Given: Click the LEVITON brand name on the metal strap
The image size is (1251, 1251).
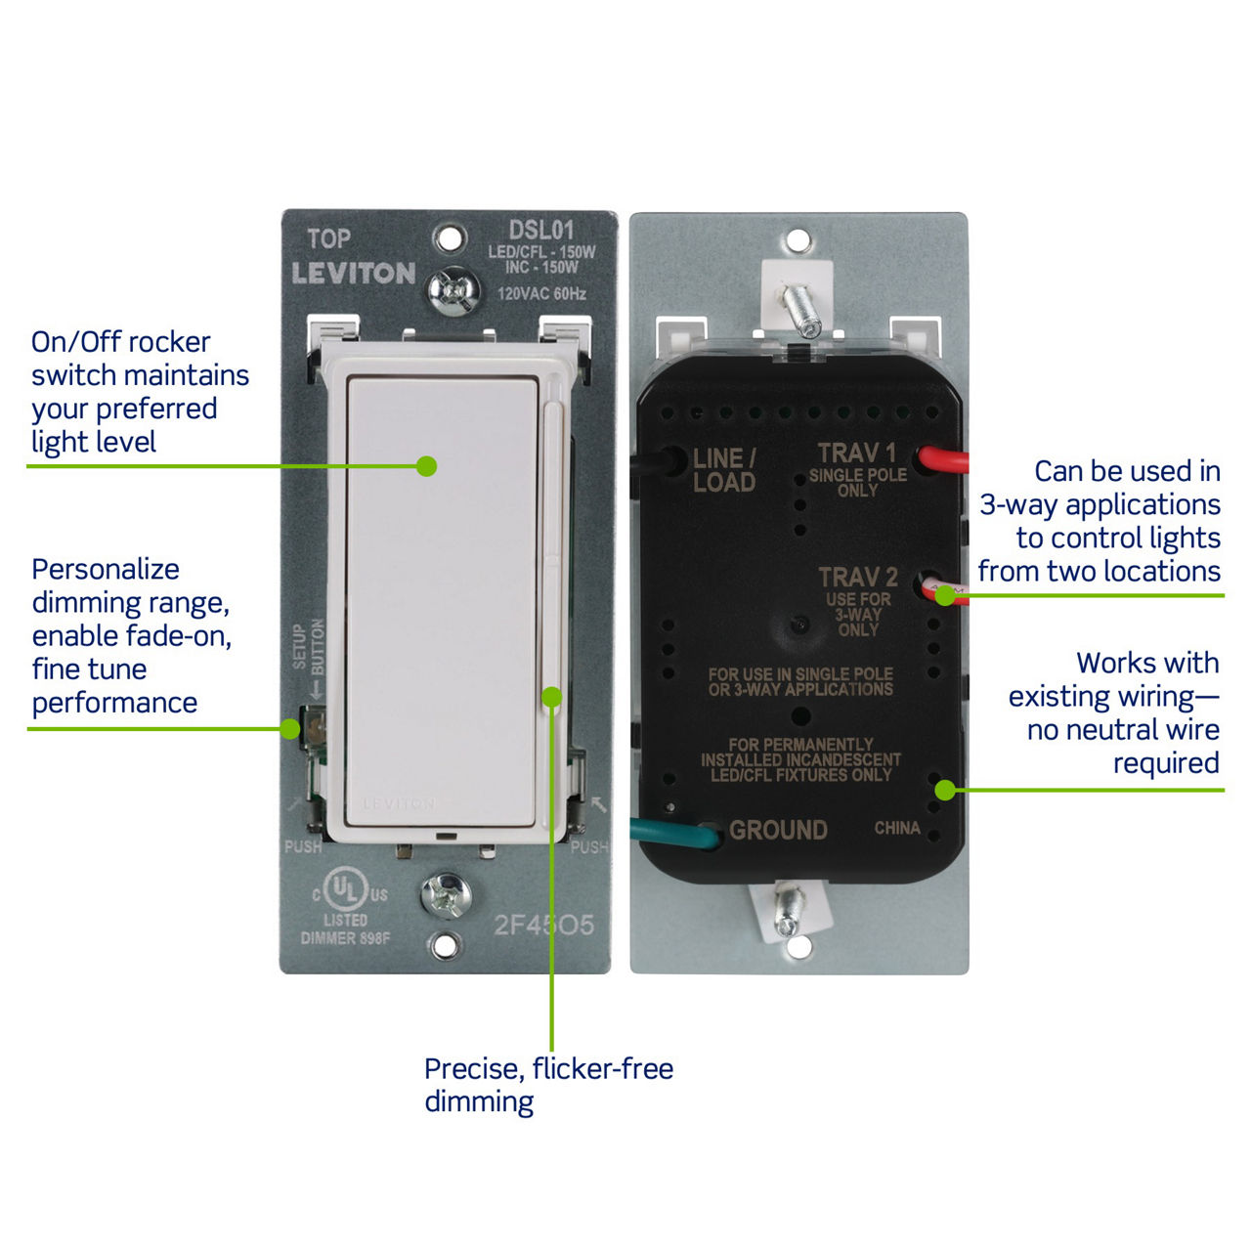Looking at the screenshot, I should [353, 273].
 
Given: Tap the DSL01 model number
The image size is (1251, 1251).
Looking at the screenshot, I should [540, 231].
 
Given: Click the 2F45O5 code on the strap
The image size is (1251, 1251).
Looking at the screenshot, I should [543, 925].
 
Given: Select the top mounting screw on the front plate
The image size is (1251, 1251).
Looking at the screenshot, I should [453, 289].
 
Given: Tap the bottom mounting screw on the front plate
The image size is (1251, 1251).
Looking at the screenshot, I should [446, 895].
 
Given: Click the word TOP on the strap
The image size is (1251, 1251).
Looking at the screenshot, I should [328, 239].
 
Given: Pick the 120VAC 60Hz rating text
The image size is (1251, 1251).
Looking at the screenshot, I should [541, 293].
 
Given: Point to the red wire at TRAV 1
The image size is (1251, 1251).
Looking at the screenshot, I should [943, 459].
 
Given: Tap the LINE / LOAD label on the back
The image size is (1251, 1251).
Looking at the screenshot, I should [723, 470].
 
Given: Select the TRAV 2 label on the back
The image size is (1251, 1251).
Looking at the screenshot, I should [858, 578].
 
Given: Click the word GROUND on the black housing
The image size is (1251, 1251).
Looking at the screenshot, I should [778, 831].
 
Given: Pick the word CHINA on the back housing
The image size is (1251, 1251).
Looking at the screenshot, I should [896, 828].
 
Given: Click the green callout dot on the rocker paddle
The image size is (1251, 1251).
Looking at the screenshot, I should [426, 466].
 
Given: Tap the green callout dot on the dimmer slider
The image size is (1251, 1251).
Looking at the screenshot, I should [552, 697].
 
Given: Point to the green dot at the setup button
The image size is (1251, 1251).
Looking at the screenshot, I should [290, 729].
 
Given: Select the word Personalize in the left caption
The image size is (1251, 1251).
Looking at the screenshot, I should [106, 569].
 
